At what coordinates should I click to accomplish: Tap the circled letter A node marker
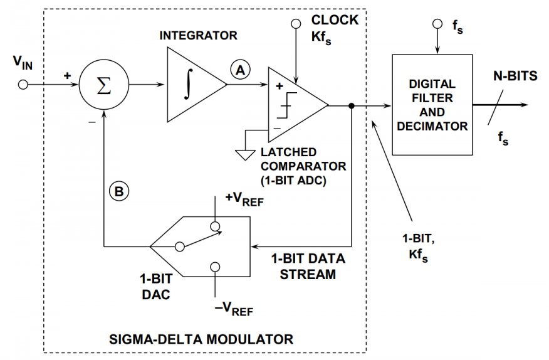coord(240,70)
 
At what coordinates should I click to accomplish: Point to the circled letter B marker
coord(119,191)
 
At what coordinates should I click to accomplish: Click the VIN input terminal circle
coord(23,85)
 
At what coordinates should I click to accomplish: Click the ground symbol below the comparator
coord(245,155)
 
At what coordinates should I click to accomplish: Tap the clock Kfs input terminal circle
coord(296,23)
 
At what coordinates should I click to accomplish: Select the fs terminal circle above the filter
coord(437,24)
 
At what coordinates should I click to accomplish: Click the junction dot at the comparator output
coord(352,105)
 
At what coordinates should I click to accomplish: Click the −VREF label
coord(234,309)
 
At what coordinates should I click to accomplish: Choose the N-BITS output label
coord(515,76)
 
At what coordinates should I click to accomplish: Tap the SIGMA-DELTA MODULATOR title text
coord(201,339)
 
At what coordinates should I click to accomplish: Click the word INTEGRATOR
coord(198,35)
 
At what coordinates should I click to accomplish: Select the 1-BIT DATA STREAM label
coord(308,267)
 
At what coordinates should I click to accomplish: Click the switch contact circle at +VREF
coord(215,226)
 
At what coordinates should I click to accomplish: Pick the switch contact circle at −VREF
coord(215,267)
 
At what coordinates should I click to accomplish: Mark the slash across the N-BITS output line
coord(496,107)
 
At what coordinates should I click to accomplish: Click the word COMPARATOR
coord(303,166)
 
